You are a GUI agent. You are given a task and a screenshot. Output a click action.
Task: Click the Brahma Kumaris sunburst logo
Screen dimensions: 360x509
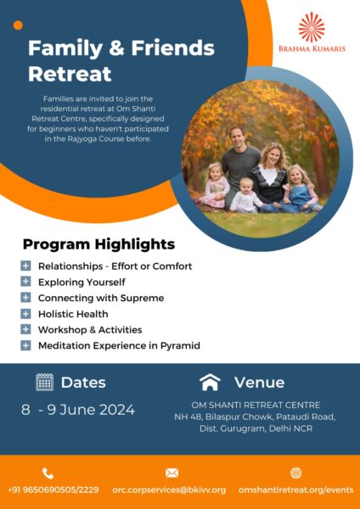click(312, 27)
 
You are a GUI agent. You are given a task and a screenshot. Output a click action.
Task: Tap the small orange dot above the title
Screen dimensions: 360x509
click(18, 25)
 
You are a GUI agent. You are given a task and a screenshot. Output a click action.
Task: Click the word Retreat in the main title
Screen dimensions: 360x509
click(70, 74)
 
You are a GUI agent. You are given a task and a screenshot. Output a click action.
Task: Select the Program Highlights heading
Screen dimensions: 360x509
click(98, 244)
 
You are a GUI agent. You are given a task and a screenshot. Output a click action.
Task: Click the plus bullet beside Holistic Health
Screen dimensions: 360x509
click(25, 314)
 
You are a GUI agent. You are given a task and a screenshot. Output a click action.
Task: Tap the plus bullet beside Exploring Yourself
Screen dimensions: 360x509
click(25, 282)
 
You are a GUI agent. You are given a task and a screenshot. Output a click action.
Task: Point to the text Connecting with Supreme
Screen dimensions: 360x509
click(101, 298)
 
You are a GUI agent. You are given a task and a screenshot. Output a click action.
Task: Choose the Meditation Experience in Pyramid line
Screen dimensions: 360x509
click(119, 346)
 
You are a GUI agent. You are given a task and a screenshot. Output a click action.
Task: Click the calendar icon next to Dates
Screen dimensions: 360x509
click(44, 382)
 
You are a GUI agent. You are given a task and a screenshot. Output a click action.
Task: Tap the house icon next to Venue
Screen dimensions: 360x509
click(210, 382)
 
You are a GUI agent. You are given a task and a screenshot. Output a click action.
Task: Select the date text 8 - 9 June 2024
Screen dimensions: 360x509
click(78, 410)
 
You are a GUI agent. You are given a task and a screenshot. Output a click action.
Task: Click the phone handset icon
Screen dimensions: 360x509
click(48, 473)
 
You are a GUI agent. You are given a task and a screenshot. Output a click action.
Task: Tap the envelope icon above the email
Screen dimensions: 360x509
click(172, 473)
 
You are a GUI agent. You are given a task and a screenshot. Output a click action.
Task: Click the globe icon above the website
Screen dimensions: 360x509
click(296, 473)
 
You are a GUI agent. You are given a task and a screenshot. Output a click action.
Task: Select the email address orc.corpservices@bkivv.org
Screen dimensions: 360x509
click(169, 489)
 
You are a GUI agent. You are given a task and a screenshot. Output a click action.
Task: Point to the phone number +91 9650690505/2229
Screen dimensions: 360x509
click(53, 489)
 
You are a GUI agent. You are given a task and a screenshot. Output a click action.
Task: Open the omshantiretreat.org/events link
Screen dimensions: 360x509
click(295, 489)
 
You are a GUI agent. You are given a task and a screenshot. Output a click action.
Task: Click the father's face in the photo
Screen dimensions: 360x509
click(238, 137)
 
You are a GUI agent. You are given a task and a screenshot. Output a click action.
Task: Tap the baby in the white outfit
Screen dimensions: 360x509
click(245, 196)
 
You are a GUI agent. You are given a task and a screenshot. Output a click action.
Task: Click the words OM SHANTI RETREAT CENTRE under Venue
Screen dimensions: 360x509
click(256, 406)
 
